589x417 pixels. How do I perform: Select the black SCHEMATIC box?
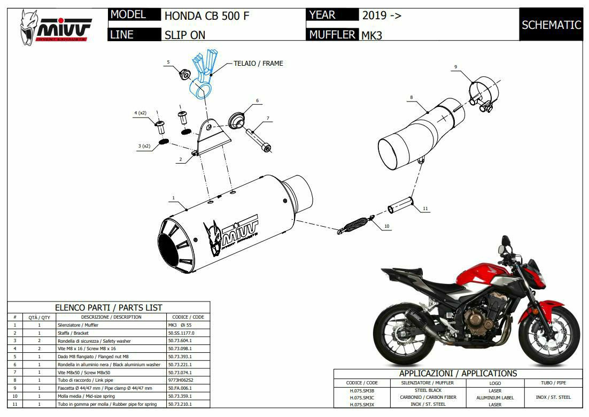tap(551, 25)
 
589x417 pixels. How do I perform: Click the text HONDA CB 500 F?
tap(206, 16)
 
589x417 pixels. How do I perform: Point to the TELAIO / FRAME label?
tap(258, 63)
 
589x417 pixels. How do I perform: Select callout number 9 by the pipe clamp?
tap(455, 67)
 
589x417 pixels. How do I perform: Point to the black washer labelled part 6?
tap(236, 120)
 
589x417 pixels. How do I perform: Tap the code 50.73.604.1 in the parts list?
tap(180, 341)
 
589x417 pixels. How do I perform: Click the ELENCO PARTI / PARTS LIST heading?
tap(108, 307)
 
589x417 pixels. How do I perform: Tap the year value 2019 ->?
tap(382, 15)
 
